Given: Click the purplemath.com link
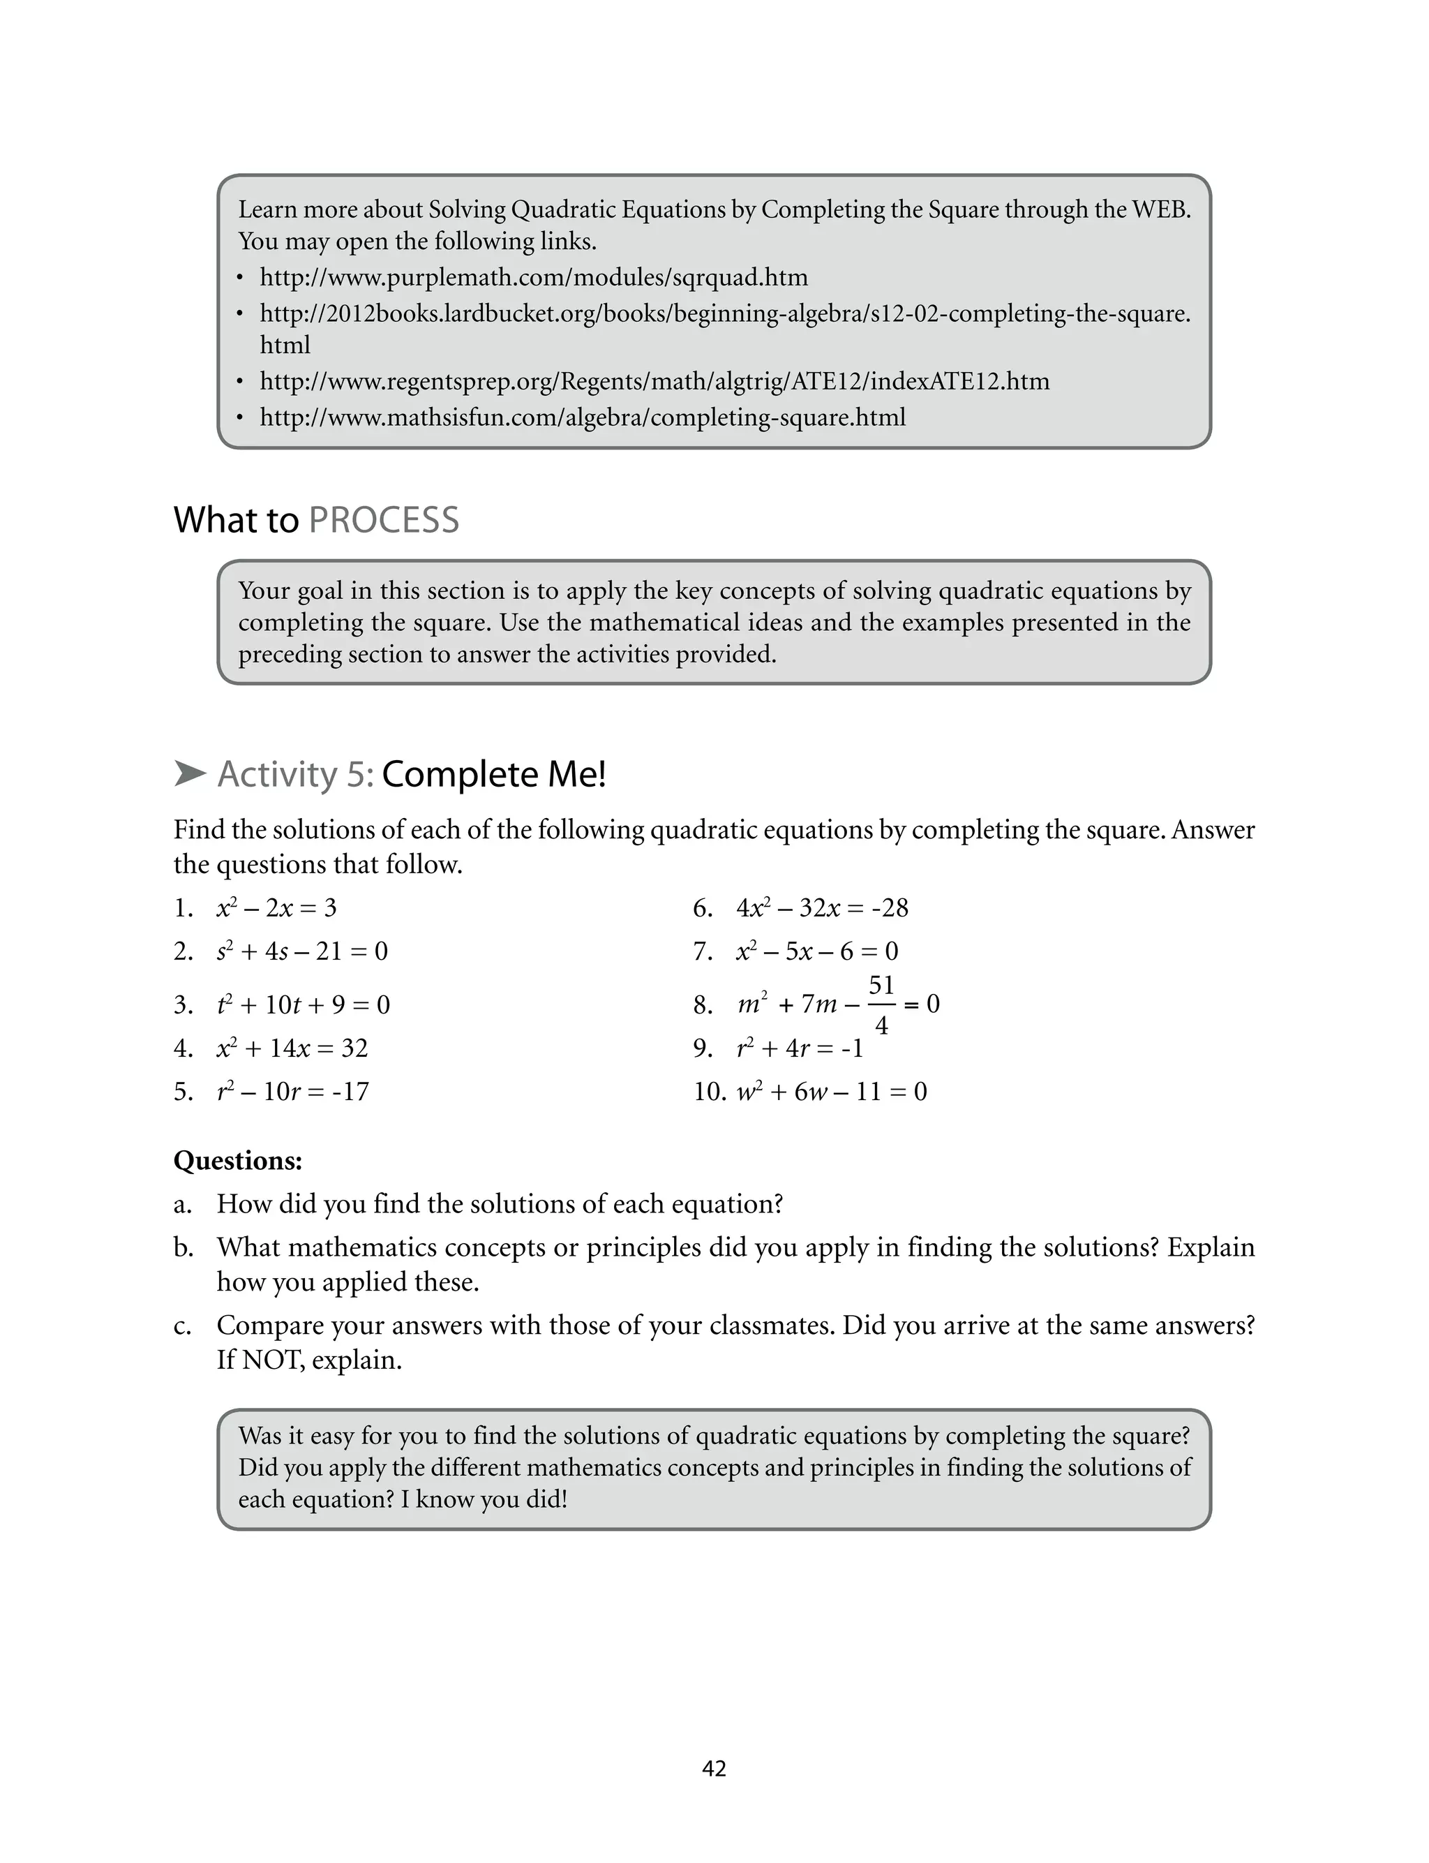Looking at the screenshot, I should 533,277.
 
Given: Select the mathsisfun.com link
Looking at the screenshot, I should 583,417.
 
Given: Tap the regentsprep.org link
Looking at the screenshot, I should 654,380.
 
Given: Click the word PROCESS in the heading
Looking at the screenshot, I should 384,520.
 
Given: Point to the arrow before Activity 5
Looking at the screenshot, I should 190,773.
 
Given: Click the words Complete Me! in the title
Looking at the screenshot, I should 493,774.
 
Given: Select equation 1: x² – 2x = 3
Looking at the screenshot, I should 276,907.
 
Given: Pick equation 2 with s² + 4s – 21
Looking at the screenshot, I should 302,951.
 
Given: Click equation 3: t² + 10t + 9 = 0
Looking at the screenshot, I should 303,1004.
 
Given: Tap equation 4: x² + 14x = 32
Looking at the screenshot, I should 292,1048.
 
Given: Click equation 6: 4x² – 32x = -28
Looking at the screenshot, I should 822,907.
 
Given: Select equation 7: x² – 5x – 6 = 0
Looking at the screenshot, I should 816,951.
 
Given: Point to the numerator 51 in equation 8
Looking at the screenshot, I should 881,985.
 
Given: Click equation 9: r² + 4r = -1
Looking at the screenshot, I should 800,1048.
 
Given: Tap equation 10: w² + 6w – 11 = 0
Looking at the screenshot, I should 831,1092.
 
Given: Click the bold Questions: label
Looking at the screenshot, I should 238,1160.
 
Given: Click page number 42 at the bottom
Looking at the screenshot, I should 714,1769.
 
